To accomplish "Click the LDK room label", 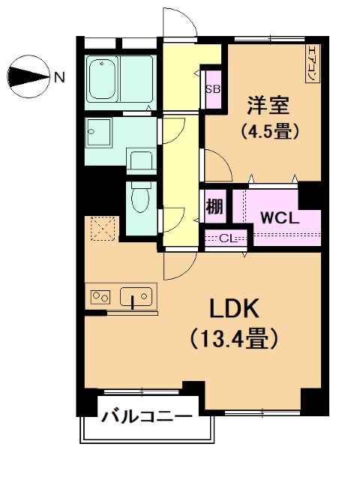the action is pyautogui.click(x=235, y=308).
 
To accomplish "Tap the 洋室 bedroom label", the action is pyautogui.click(x=268, y=105).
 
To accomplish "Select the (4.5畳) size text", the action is pyautogui.click(x=269, y=132).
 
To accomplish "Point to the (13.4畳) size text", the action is pyautogui.click(x=235, y=338).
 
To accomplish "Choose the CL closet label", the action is pyautogui.click(x=228, y=238).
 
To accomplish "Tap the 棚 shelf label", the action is pyautogui.click(x=214, y=207).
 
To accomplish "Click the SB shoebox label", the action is pyautogui.click(x=213, y=89).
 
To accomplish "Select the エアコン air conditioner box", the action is pyautogui.click(x=313, y=64).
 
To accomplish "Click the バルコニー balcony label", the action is pyautogui.click(x=147, y=416).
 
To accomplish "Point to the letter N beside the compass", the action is pyautogui.click(x=59, y=77).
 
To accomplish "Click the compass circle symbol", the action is pyautogui.click(x=28, y=76).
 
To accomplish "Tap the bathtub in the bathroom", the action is pyautogui.click(x=102, y=78).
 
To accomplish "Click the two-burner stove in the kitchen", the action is pyautogui.click(x=100, y=296).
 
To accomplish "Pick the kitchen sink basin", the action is pyautogui.click(x=136, y=296).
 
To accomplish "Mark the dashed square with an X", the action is pyautogui.click(x=104, y=228).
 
